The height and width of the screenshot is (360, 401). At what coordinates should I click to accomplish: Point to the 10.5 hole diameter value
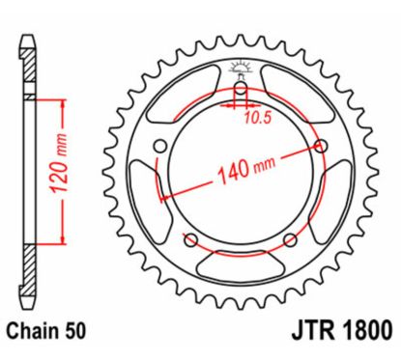click(x=256, y=121)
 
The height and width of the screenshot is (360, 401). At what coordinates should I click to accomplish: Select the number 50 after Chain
click(x=75, y=331)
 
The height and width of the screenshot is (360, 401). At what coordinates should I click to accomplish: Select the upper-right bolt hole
click(x=315, y=147)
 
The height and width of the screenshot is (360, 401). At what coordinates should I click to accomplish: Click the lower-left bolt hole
click(x=190, y=239)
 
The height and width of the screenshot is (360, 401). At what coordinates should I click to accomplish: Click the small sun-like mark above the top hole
click(x=239, y=69)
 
